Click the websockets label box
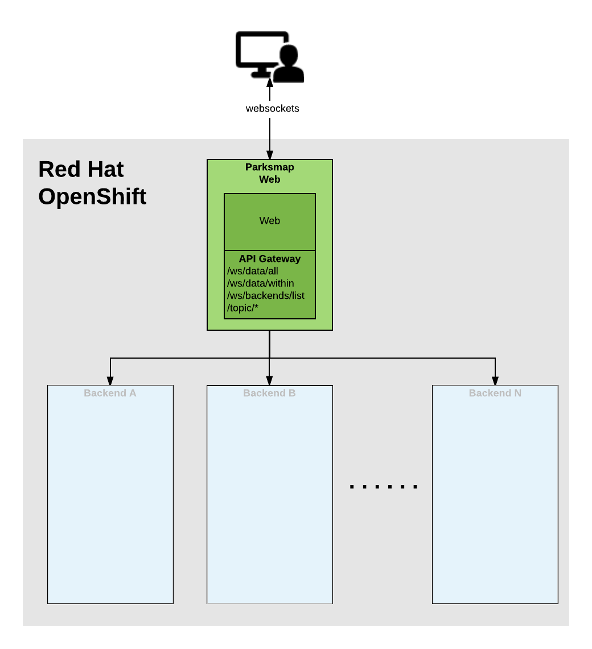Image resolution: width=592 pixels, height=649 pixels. point(272,109)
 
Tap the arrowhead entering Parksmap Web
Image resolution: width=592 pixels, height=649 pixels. point(270,155)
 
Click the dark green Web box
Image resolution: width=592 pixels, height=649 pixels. point(269,221)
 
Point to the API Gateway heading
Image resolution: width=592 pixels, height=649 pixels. point(269,258)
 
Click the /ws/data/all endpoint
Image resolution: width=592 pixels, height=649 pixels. point(253,271)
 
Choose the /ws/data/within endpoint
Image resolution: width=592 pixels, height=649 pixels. point(261,284)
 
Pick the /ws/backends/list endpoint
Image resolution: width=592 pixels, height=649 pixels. point(266,296)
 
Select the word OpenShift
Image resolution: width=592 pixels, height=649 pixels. point(92,197)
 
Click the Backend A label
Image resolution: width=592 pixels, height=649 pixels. point(110,393)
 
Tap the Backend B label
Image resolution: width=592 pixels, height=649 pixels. point(269,393)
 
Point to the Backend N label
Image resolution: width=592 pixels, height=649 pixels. point(495,393)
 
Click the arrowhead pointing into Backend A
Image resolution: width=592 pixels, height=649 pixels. point(110,381)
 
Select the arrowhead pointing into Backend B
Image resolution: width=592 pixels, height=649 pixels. point(270,381)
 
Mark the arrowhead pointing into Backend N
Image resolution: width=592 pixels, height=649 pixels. point(495,381)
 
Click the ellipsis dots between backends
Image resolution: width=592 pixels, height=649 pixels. point(384,487)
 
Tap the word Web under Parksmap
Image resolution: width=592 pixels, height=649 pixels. point(269,179)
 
